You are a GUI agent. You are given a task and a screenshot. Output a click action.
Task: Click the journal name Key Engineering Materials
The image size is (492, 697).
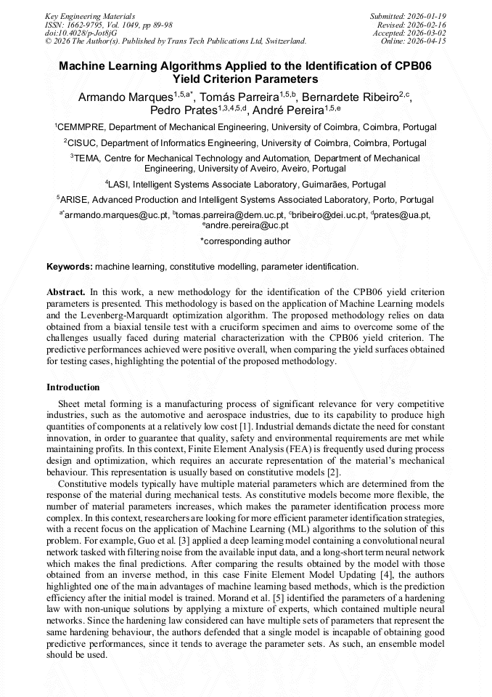pyautogui.click(x=90, y=15)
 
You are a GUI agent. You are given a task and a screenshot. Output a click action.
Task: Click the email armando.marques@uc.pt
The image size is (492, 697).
pyautogui.click(x=116, y=215)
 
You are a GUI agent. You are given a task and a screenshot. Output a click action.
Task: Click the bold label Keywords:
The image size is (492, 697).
pyautogui.click(x=70, y=267)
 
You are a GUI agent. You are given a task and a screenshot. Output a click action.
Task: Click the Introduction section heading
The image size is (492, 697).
pyautogui.click(x=73, y=387)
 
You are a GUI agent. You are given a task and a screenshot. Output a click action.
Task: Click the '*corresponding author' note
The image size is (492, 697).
pyautogui.click(x=245, y=241)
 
